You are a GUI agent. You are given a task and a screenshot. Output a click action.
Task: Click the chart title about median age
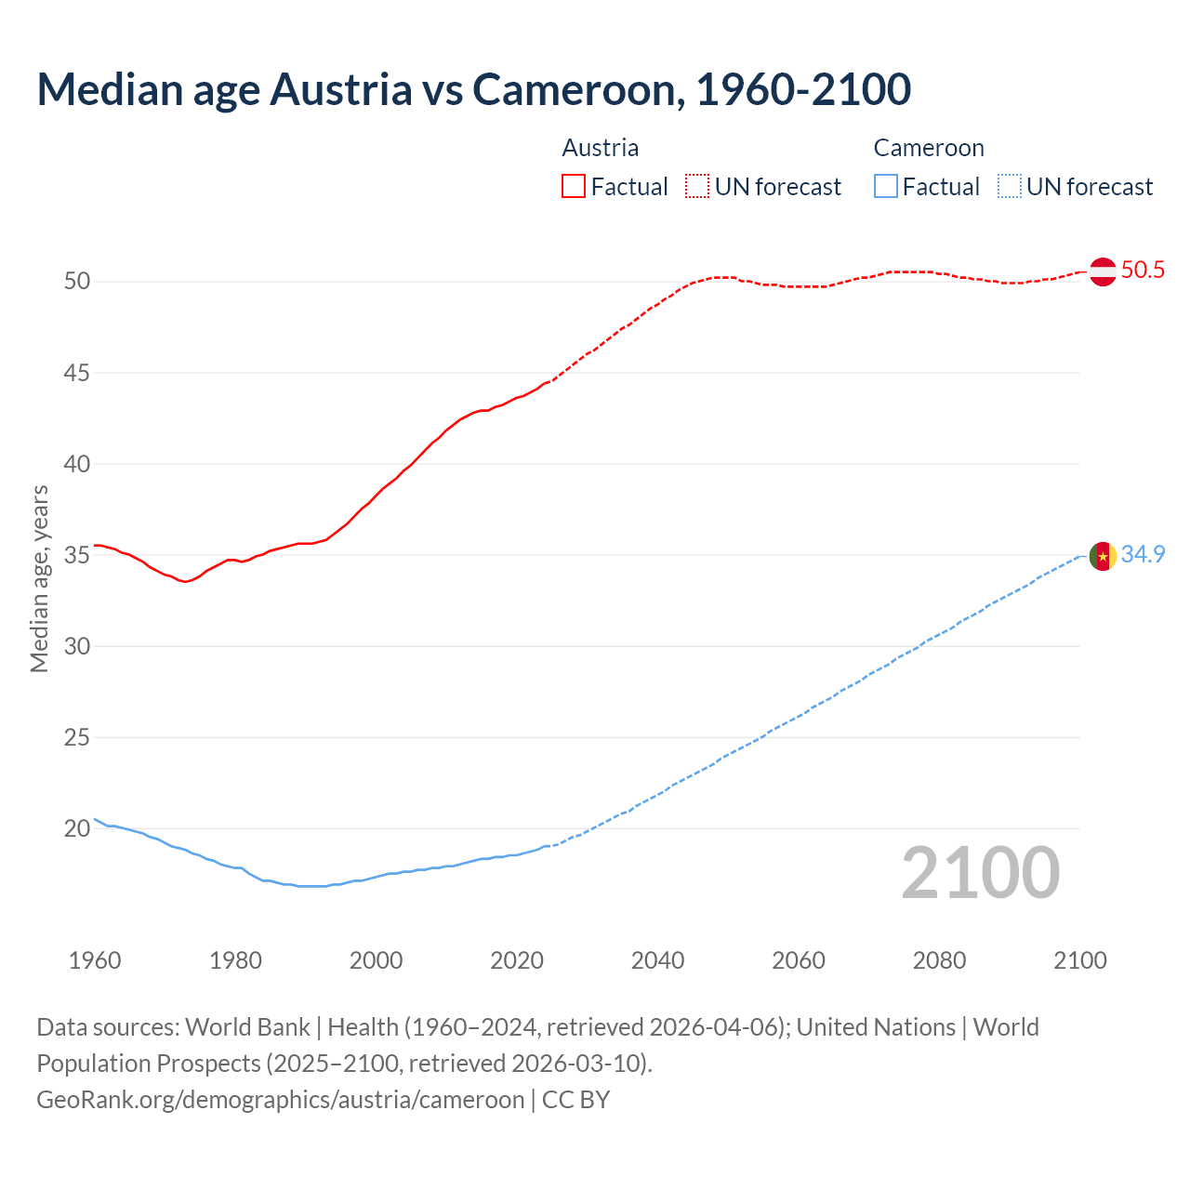473,89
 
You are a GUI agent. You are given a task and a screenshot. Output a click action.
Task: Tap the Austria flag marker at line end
1102,271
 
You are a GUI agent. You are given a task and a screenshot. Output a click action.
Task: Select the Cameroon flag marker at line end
1102,556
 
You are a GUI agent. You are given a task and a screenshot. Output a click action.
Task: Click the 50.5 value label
1143,271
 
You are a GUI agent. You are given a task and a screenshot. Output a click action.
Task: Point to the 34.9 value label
1143,555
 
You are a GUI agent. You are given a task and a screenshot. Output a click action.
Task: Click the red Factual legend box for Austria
574,187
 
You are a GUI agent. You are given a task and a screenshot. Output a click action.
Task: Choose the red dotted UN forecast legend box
697,187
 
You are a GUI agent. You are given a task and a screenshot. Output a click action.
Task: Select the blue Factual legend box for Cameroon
886,187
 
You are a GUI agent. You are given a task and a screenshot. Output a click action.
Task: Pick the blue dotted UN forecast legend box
1010,187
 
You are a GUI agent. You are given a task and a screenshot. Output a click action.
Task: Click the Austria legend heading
601,148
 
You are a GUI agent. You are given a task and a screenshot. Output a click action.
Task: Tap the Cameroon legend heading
929,148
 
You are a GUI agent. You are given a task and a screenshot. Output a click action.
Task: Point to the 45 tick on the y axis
77,374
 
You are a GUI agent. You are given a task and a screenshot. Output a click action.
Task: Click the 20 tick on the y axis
77,828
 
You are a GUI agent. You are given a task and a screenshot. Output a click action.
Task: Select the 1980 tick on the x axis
235,960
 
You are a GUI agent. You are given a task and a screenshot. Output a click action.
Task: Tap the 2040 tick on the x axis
657,960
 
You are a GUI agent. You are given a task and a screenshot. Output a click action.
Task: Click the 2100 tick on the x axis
1079,960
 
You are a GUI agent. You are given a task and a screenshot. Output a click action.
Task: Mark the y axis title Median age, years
39,578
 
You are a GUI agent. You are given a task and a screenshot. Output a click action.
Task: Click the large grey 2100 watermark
980,873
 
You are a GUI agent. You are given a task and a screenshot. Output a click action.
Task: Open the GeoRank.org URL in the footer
280,1100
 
